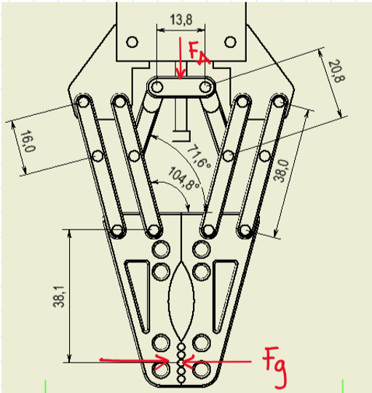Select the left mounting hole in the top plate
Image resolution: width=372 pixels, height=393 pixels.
point(132,41)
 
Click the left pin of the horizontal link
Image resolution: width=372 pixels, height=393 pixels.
point(155,87)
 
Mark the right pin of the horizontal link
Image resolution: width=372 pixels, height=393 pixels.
point(207,87)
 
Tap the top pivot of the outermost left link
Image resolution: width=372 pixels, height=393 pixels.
point(82,101)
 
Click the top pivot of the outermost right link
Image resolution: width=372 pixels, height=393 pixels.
point(280,101)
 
